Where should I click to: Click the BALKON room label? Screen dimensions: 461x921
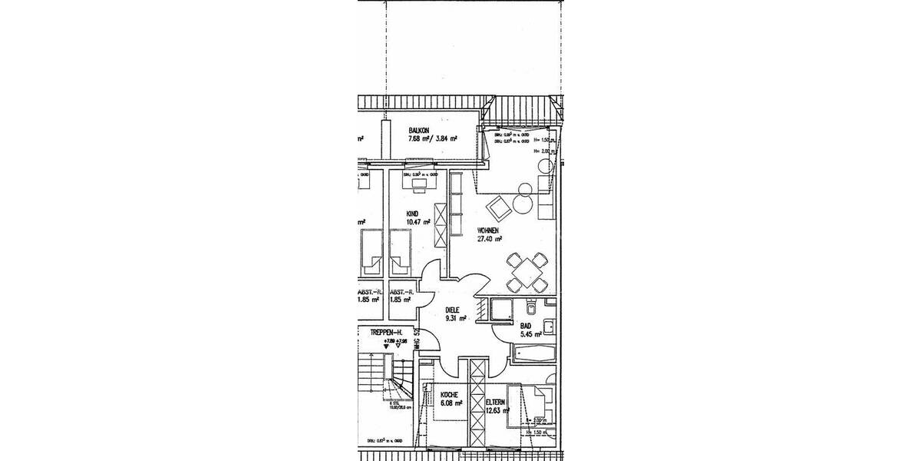[419, 131]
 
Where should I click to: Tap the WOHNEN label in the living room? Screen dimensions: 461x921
[489, 230]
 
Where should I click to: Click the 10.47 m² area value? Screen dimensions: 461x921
[418, 222]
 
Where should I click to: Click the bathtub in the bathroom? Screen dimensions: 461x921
[534, 353]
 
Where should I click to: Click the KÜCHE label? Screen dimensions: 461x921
[449, 393]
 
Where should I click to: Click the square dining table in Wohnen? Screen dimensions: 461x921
[527, 269]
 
